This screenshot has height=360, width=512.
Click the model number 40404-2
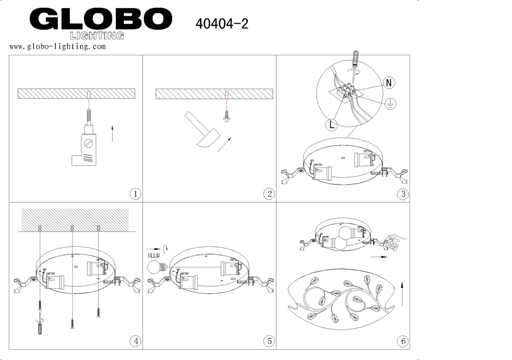[222, 24]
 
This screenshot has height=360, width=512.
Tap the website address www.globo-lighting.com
[57, 47]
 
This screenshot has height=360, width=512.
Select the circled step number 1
[136, 194]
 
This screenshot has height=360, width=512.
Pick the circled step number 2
[269, 194]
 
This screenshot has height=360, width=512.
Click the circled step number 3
[403, 194]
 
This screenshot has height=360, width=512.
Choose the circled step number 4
[136, 341]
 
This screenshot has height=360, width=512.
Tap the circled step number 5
[269, 341]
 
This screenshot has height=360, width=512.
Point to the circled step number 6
[403, 341]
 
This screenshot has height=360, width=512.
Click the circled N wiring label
[389, 82]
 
